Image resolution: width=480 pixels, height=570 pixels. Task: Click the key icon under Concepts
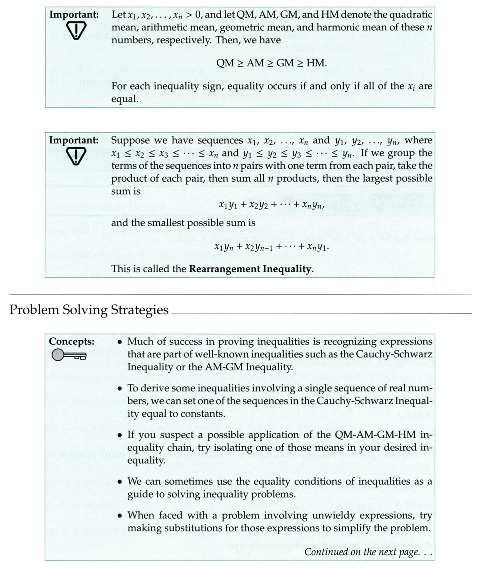(x=68, y=355)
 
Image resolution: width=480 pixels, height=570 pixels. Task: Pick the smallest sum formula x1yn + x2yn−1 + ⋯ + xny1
(x=272, y=247)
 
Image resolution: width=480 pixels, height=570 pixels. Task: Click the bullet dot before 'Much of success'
(x=120, y=342)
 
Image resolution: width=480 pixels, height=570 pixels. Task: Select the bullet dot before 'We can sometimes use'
(x=120, y=482)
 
